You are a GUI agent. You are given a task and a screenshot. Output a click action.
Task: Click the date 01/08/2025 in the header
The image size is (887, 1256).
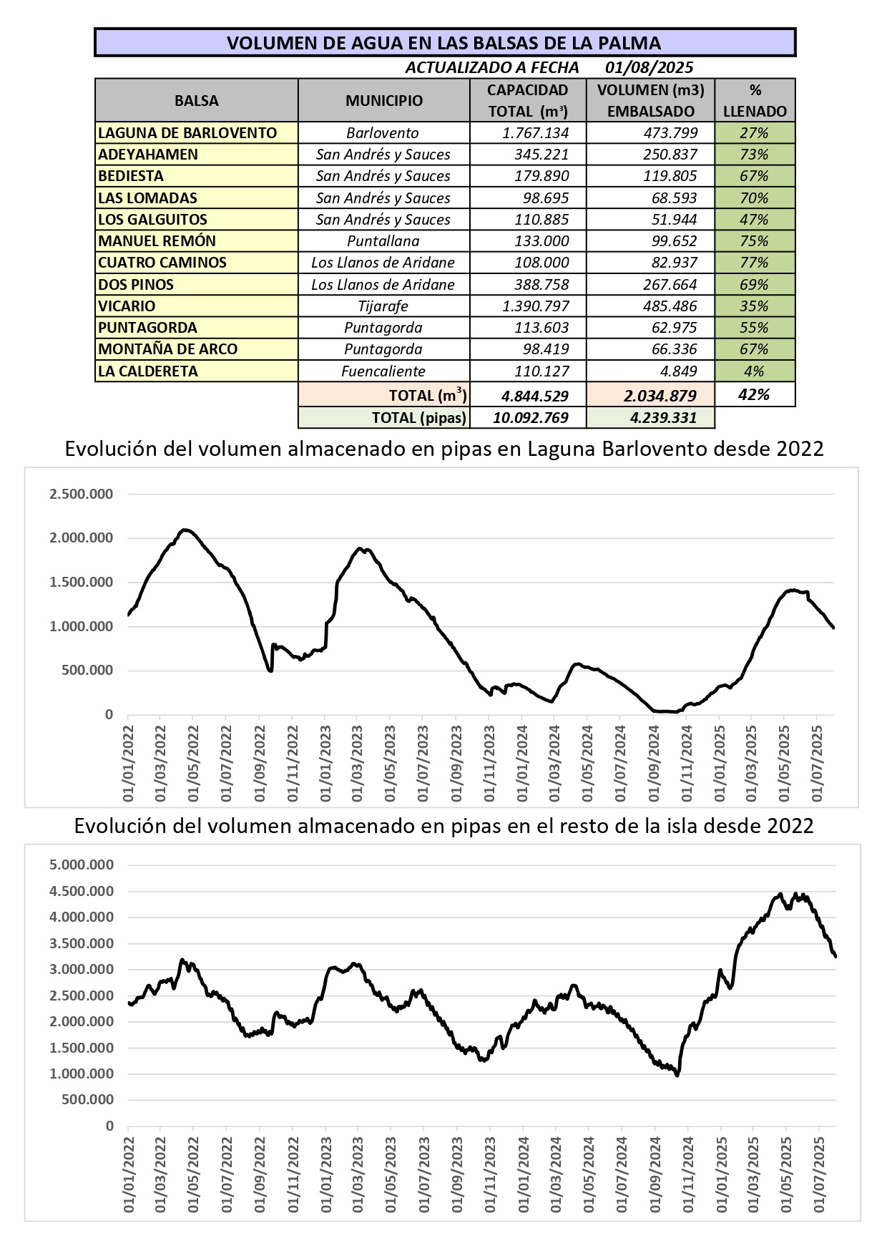pyautogui.click(x=649, y=67)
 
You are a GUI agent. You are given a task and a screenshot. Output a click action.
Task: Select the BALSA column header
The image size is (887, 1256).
pyautogui.click(x=197, y=101)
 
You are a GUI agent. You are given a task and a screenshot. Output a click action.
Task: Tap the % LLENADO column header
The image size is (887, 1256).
pyautogui.click(x=755, y=101)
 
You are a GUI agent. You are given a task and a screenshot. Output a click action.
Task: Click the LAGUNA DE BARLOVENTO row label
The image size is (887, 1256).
pyautogui.click(x=187, y=133)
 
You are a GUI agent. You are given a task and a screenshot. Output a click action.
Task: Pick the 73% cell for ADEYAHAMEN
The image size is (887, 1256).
pyautogui.click(x=754, y=155)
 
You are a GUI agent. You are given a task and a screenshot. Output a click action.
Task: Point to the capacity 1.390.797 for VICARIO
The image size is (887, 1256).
pyautogui.click(x=536, y=306)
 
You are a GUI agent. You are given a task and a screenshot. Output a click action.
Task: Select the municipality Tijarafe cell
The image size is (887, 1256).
pyautogui.click(x=383, y=306)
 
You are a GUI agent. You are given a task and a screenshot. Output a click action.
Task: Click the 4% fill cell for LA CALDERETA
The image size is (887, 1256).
pyautogui.click(x=754, y=371)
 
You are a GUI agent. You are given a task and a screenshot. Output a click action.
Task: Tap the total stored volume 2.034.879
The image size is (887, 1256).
pyautogui.click(x=660, y=396)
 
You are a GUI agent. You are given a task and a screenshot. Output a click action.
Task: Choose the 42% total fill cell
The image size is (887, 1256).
pyautogui.click(x=754, y=395)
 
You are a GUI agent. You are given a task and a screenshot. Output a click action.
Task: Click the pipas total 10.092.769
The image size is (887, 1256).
pyautogui.click(x=531, y=418)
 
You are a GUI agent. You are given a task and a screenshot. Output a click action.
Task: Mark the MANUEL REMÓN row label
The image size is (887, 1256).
pyautogui.click(x=157, y=241)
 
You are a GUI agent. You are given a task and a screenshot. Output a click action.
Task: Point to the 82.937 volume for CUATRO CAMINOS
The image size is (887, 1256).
pyautogui.click(x=670, y=263)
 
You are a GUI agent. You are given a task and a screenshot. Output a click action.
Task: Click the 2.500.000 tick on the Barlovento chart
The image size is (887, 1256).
pyautogui.click(x=81, y=494)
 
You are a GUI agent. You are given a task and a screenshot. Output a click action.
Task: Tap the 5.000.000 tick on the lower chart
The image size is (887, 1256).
pyautogui.click(x=82, y=865)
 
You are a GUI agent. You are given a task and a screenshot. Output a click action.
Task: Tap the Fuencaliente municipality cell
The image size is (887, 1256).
pyautogui.click(x=383, y=371)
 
